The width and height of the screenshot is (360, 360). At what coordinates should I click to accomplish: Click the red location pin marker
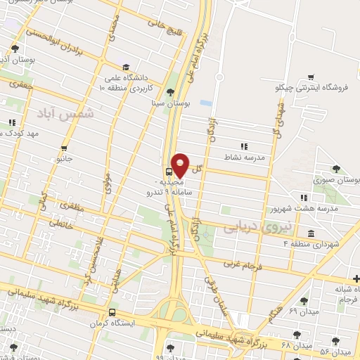pos(180,165)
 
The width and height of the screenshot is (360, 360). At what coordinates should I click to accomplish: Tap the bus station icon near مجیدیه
pos(169,171)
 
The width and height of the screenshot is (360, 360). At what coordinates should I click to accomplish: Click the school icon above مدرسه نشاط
pos(243,147)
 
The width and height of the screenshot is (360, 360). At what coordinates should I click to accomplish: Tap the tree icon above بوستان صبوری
pos(336,169)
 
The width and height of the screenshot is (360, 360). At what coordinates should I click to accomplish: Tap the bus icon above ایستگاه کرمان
pos(112,313)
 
